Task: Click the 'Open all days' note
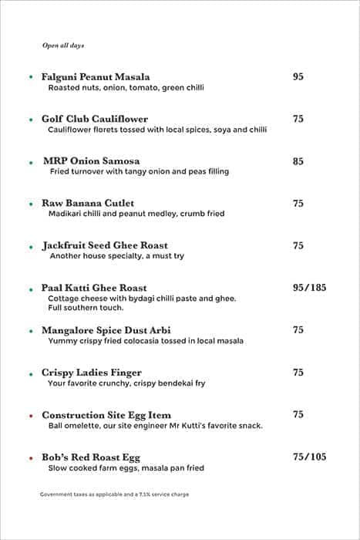[x=63, y=46]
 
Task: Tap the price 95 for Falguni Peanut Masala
[x=298, y=77]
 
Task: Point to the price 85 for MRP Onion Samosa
[x=298, y=161]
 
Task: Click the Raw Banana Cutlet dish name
[x=88, y=204]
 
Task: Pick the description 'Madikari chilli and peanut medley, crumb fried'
[x=136, y=214]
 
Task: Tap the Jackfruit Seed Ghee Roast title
[x=105, y=246]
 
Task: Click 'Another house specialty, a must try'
[x=117, y=256]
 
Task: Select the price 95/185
[x=309, y=288]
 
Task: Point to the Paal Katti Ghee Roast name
[x=94, y=289]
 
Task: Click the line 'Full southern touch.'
[x=86, y=308]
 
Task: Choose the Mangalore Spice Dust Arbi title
[x=106, y=330]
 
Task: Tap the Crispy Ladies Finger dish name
[x=92, y=373]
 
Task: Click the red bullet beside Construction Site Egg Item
[x=31, y=416]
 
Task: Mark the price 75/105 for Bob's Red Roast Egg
[x=309, y=457]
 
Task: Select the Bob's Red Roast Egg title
[x=91, y=457]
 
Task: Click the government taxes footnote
[x=114, y=494]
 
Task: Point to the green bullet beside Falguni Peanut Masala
[x=31, y=78]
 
